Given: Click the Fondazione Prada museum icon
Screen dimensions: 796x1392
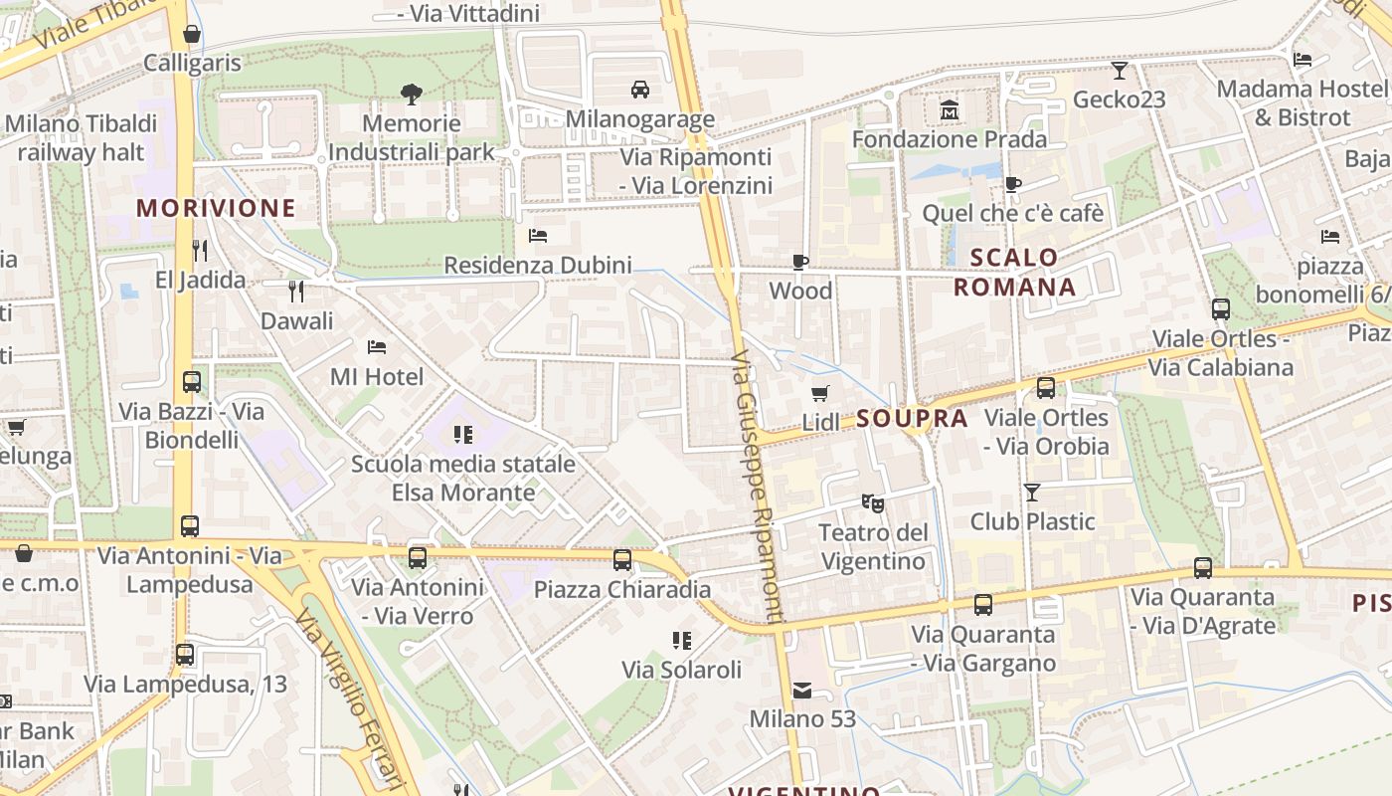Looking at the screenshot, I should coord(949,109).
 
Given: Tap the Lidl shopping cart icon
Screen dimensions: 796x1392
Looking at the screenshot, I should coord(819,393).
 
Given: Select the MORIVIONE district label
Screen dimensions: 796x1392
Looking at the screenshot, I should coord(216,208).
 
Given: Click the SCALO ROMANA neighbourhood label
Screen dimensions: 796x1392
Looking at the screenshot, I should coord(1014,273).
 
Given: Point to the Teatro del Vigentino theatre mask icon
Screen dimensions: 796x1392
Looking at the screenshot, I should coord(872,502).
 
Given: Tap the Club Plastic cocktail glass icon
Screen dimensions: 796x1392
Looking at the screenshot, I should coord(1032,492).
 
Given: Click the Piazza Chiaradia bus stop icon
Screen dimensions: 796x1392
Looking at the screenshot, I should coord(622,559).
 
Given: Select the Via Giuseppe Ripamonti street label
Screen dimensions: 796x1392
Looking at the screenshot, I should coord(758,488).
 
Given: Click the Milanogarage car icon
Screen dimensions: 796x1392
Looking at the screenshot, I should coord(640,90).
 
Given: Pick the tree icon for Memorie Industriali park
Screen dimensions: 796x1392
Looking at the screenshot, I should coord(411,95).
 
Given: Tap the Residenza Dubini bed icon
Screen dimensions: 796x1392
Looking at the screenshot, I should coord(538,236).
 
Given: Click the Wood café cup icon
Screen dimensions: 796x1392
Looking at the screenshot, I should coord(800,262).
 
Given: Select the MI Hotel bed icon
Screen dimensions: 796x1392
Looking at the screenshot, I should coord(377,347).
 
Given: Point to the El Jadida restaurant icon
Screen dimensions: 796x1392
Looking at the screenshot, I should coord(200,250).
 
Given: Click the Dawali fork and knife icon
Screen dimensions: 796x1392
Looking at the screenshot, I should coord(296,291).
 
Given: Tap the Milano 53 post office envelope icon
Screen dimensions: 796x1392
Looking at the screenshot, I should coord(802,690).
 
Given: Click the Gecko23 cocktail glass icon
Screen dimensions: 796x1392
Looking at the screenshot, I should coord(1120,70).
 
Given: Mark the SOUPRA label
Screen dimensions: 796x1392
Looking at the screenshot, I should coord(912,419).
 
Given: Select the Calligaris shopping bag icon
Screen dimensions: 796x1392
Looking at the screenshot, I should coord(192,34).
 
